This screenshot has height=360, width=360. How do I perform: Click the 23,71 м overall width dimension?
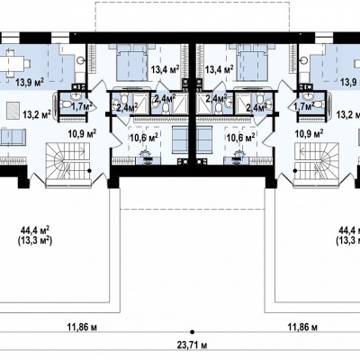point(193,346)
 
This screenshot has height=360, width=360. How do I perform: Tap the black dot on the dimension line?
point(193,332)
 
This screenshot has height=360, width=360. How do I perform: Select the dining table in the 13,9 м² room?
point(13,63)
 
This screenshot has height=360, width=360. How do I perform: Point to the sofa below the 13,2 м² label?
point(12,137)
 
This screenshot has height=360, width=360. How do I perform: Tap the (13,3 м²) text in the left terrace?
point(35,241)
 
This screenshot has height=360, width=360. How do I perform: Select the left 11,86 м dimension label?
point(82,327)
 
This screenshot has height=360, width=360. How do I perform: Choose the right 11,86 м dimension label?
point(302,327)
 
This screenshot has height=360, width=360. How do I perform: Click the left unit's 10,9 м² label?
point(82,133)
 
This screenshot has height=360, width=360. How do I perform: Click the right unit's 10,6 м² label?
point(241,138)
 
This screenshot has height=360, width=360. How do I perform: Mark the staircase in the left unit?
point(68,165)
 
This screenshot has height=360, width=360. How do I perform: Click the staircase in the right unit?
point(317,165)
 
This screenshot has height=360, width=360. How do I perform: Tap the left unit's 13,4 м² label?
point(166,70)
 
